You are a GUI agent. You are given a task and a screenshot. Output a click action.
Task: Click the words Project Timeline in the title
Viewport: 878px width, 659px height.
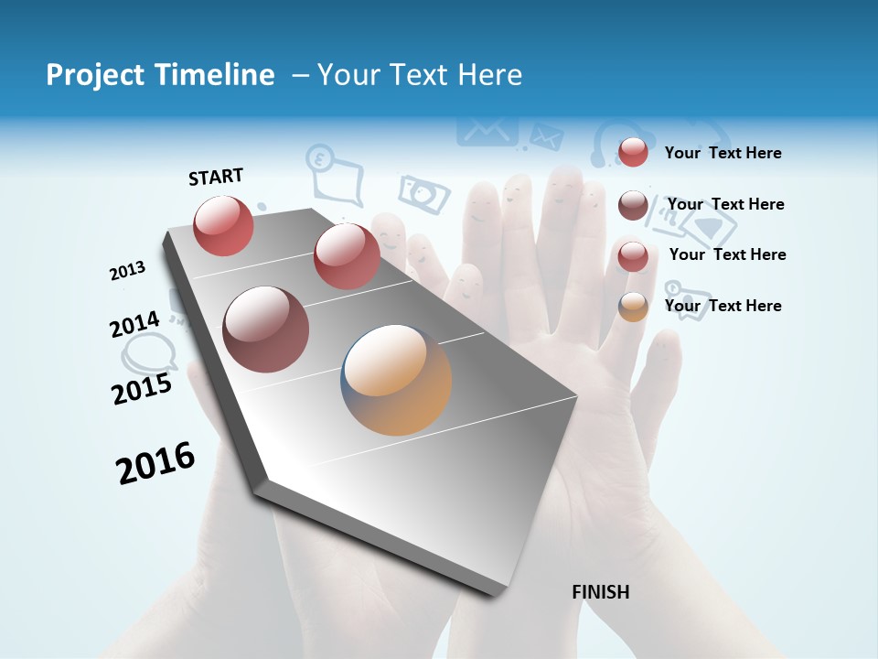tap(160, 75)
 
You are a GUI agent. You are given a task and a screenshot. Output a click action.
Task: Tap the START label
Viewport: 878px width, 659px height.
tap(216, 177)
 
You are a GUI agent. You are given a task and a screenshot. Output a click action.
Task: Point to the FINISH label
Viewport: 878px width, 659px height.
tap(600, 592)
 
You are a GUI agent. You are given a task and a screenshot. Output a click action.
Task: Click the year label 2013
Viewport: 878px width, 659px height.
tap(128, 271)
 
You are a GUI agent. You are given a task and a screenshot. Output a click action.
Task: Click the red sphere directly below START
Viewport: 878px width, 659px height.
tap(224, 225)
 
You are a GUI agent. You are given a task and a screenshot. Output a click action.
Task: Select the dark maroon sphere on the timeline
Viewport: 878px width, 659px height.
tap(266, 329)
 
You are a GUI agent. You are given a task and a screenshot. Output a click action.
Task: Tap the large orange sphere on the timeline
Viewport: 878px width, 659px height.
tap(396, 380)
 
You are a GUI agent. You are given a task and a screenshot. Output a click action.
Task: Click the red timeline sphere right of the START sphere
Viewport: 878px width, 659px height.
tap(347, 256)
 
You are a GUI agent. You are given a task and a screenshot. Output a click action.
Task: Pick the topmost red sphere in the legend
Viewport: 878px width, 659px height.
tap(633, 152)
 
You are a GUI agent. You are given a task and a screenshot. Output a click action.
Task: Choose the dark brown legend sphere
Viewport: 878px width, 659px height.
tap(633, 205)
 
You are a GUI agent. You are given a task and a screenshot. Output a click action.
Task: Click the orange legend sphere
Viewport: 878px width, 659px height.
tap(633, 307)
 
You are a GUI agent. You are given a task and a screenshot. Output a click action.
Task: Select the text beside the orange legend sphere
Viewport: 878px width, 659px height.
tap(723, 306)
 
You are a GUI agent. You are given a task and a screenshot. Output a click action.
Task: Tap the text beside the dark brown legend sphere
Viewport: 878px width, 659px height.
tap(725, 204)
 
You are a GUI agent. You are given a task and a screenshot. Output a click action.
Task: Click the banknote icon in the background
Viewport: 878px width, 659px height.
tap(424, 193)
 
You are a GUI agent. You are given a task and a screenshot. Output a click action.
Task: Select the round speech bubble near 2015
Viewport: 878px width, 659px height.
tap(149, 352)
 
